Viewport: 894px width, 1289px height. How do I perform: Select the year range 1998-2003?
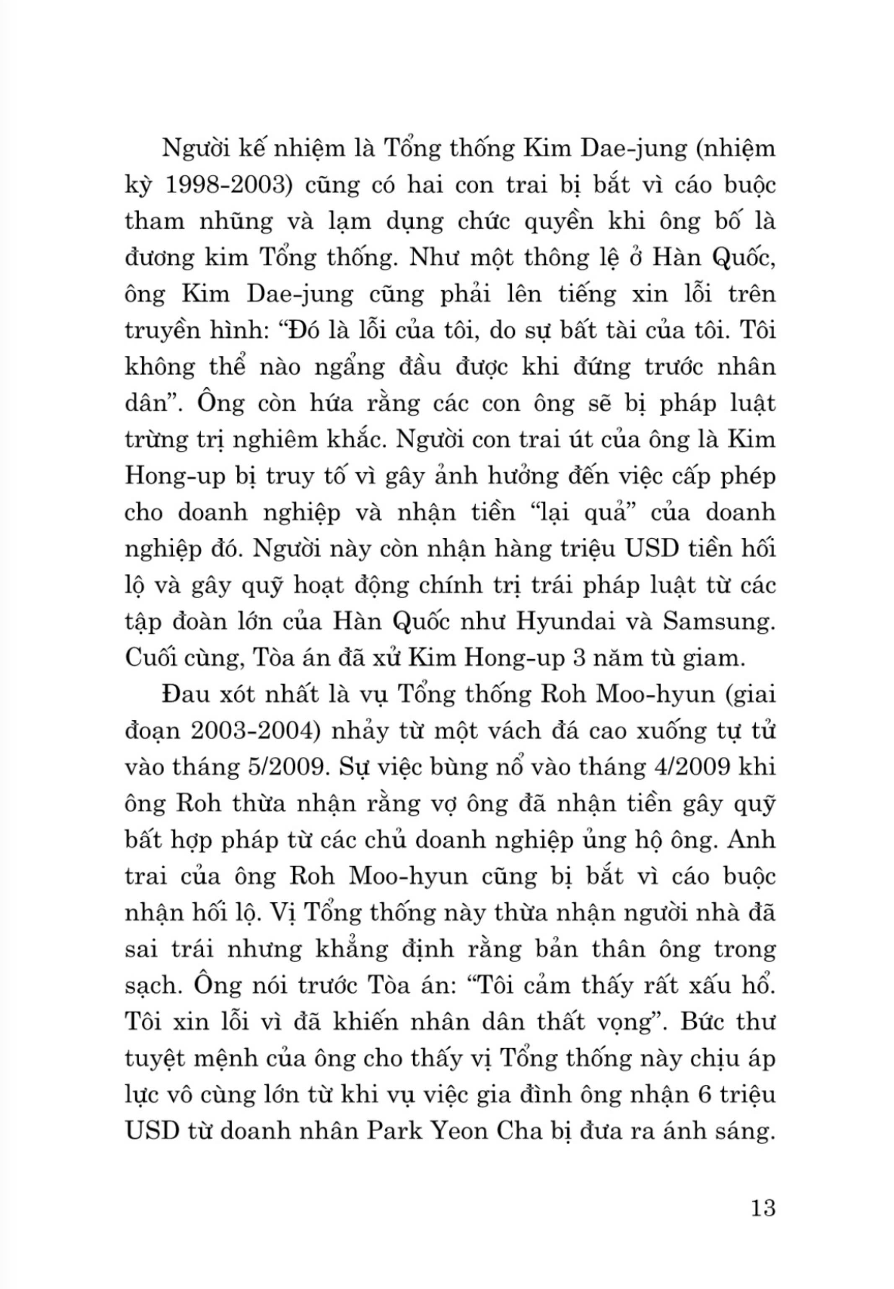click(x=227, y=185)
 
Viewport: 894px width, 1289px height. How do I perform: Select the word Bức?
click(x=702, y=1022)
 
